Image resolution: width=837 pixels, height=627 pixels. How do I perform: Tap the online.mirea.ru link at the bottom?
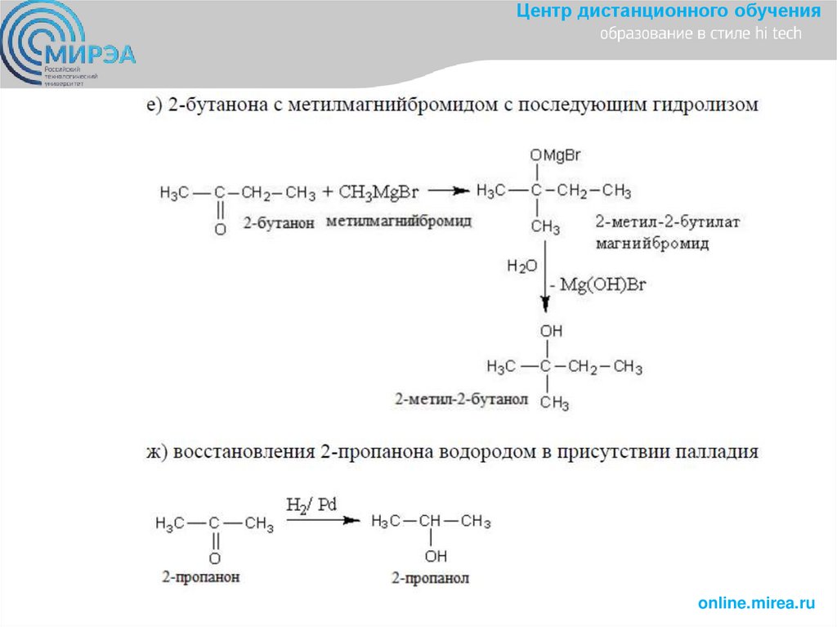tap(756, 603)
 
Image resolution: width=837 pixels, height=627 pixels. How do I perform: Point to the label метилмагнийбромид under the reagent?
tap(398, 222)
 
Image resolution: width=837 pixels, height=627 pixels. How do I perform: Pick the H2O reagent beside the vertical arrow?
tap(521, 266)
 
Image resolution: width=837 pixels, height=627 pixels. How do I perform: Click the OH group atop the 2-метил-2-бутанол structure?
tap(552, 331)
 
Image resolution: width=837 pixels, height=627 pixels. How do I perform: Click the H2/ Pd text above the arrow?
tap(311, 504)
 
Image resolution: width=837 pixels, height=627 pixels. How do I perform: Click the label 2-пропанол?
tap(430, 579)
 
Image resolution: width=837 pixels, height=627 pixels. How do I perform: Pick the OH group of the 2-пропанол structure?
tap(436, 557)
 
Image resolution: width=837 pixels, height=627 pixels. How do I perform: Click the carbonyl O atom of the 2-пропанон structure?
tap(214, 558)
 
